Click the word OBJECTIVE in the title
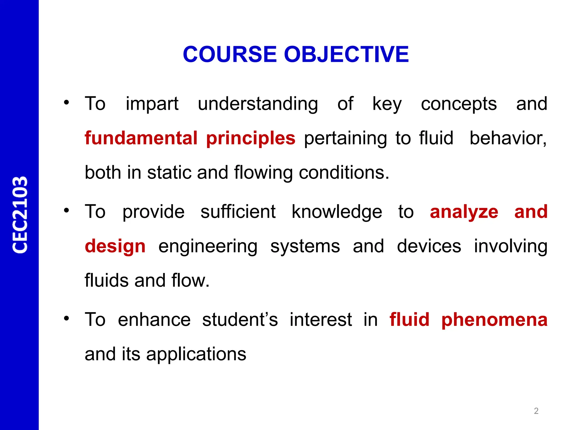pyautogui.click(x=346, y=54)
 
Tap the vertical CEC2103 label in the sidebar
pyautogui.click(x=20, y=215)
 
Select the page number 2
pyautogui.click(x=536, y=411)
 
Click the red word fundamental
pyautogui.click(x=141, y=138)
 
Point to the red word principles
pyautogui.click(x=251, y=138)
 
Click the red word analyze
pyautogui.click(x=464, y=212)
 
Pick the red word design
pyautogui.click(x=115, y=246)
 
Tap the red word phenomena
pyautogui.click(x=494, y=320)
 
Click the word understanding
pyautogui.click(x=258, y=104)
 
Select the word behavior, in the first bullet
pyautogui.click(x=508, y=138)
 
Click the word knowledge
pyautogui.click(x=337, y=212)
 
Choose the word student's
pyautogui.click(x=240, y=320)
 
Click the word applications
pyautogui.click(x=196, y=354)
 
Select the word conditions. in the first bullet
pyautogui.click(x=344, y=172)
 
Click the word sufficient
pyautogui.click(x=238, y=212)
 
